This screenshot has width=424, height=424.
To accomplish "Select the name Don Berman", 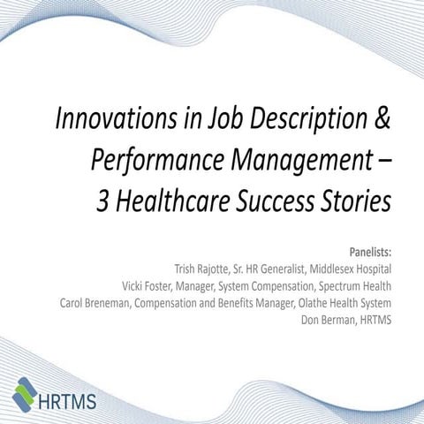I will (x=332, y=318).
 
